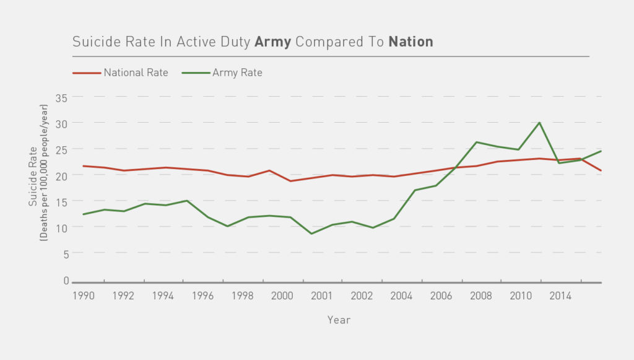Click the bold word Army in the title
(273, 42)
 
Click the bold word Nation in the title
(410, 42)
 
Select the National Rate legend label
(136, 72)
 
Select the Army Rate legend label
(237, 72)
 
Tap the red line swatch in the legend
(86, 73)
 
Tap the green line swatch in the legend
(195, 73)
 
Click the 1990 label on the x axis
(84, 296)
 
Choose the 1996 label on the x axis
(203, 296)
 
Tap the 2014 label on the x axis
(560, 296)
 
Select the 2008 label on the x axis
(480, 296)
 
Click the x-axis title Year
(339, 320)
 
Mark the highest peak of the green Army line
(539, 123)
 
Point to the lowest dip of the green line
(311, 234)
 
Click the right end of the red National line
(601, 170)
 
